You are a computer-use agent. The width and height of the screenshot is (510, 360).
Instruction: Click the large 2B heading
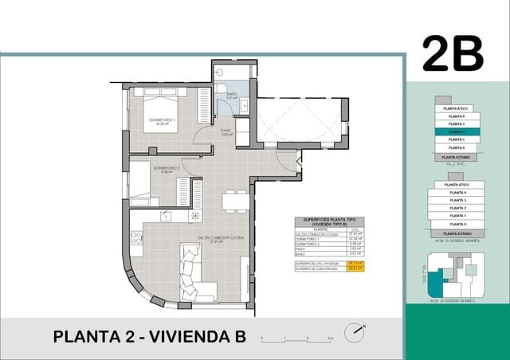point(453,53)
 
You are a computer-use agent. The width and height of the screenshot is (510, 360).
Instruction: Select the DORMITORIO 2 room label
point(167,169)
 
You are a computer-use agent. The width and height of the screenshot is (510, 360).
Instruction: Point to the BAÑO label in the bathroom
point(231,95)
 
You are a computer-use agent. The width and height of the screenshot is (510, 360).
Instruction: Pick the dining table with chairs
point(234,201)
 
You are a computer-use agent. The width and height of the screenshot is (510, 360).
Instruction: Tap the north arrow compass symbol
point(355,330)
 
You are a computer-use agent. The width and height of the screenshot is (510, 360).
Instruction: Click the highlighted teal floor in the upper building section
point(457,131)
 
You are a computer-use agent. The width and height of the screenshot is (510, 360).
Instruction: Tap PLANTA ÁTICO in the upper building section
point(457,108)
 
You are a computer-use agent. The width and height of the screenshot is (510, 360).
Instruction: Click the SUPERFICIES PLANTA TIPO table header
point(328,221)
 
